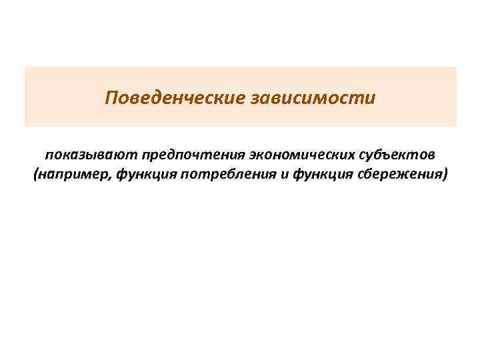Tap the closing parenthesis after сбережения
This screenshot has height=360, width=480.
[x=445, y=175]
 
